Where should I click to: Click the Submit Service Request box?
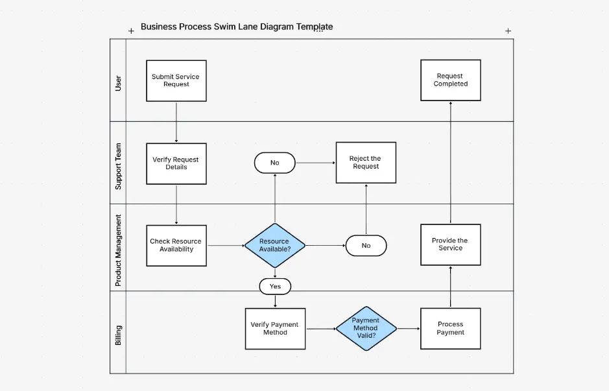(176, 80)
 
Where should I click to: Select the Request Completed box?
(450, 80)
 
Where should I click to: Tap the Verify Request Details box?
(176, 163)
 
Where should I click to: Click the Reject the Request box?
(365, 163)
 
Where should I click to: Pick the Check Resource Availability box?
(176, 245)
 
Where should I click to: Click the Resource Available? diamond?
(274, 245)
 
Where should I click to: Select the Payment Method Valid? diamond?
(365, 328)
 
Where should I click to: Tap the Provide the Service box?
(450, 244)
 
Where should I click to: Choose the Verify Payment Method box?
(274, 328)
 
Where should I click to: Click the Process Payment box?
(450, 328)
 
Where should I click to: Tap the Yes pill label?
(275, 286)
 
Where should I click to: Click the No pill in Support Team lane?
(274, 163)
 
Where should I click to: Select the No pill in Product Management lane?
(366, 246)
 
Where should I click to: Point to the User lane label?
(118, 82)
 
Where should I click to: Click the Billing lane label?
(118, 335)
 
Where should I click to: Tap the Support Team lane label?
(118, 167)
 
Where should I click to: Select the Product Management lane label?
(118, 250)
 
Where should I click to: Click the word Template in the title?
(315, 27)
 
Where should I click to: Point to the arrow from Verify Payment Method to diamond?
(320, 329)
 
